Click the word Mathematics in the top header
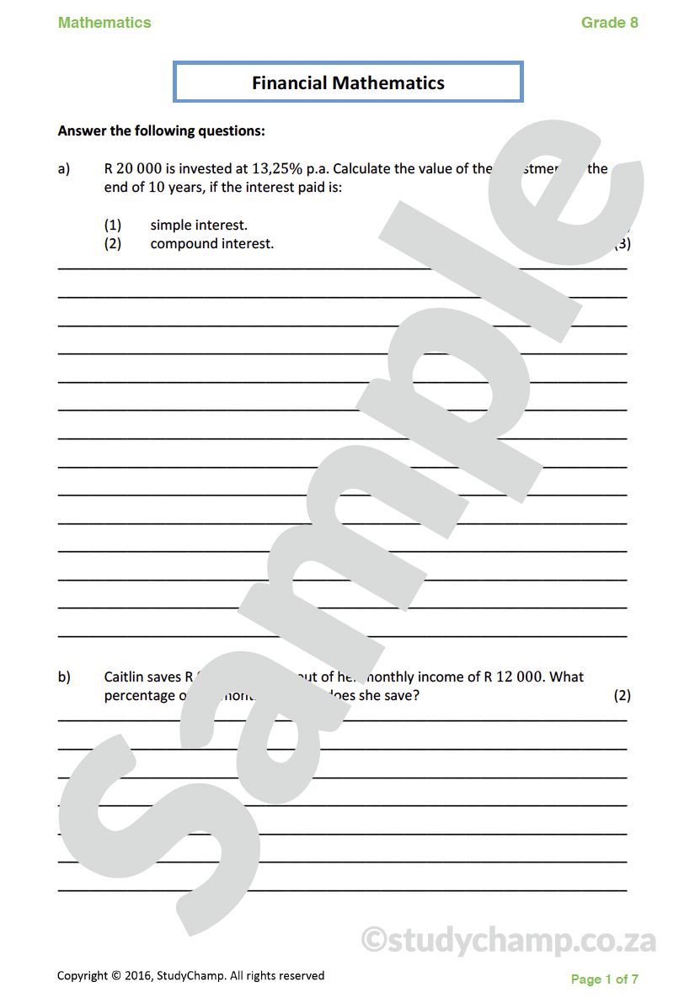[104, 23]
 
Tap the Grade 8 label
[609, 23]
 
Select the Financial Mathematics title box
[348, 82]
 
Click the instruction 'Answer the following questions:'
[161, 131]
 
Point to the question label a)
[64, 169]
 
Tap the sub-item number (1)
[113, 225]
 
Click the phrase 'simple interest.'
[199, 225]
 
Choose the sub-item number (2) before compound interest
[113, 244]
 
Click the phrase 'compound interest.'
[212, 244]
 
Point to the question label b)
[64, 677]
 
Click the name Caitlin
[126, 677]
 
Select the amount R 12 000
[513, 677]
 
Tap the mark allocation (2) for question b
[622, 696]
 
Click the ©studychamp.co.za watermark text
[508, 940]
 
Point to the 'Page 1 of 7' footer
[604, 979]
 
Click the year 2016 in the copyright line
[137, 976]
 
